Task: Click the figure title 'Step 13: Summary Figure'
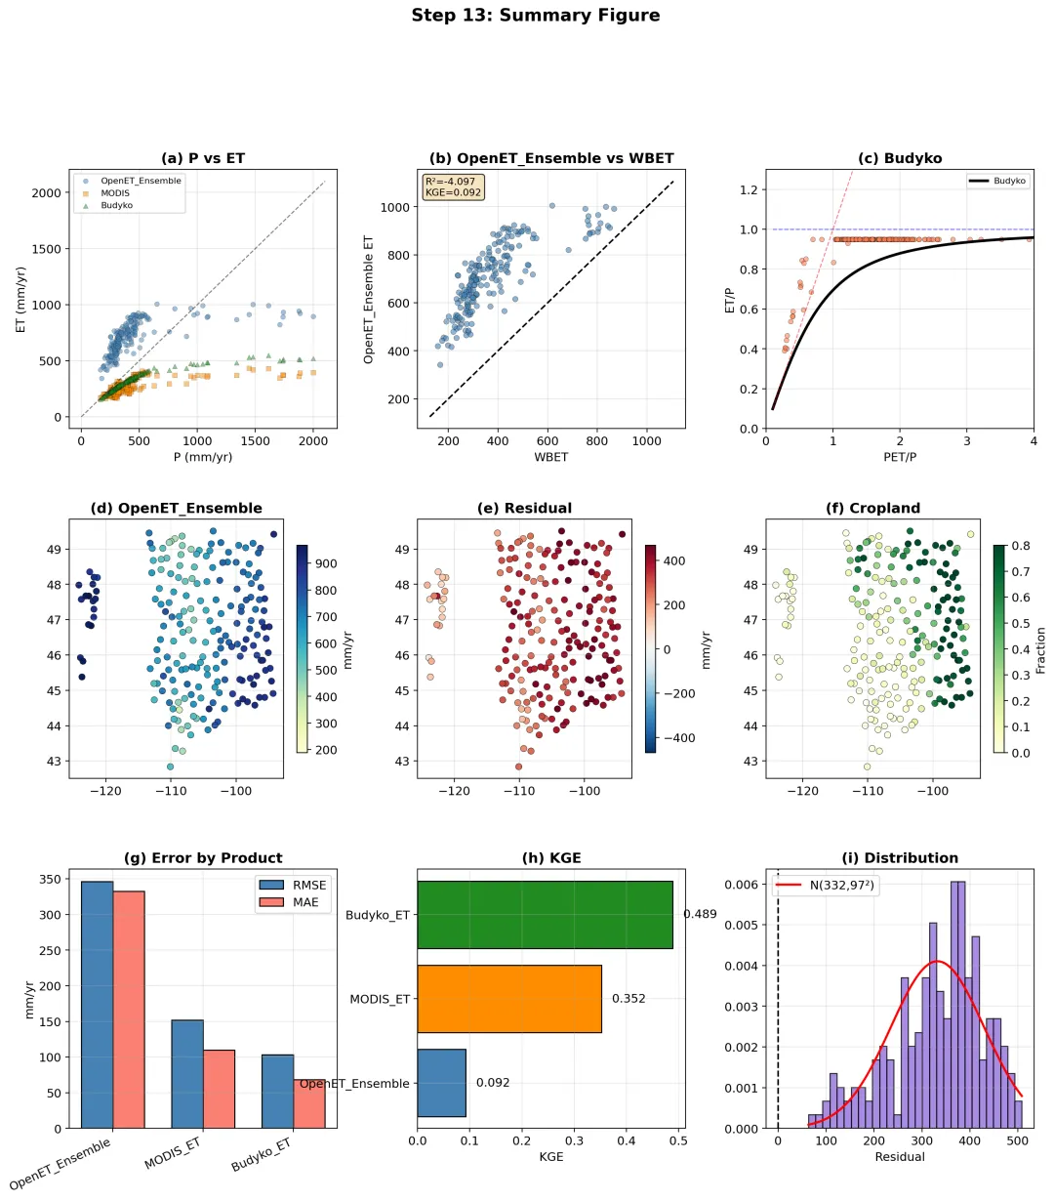535,16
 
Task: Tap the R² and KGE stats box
453,186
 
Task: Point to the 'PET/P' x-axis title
899,457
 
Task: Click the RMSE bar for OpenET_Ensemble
97,1005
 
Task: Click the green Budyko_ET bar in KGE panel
545,915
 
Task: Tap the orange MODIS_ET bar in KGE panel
508,999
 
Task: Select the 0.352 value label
628,999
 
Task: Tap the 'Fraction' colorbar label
1040,650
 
